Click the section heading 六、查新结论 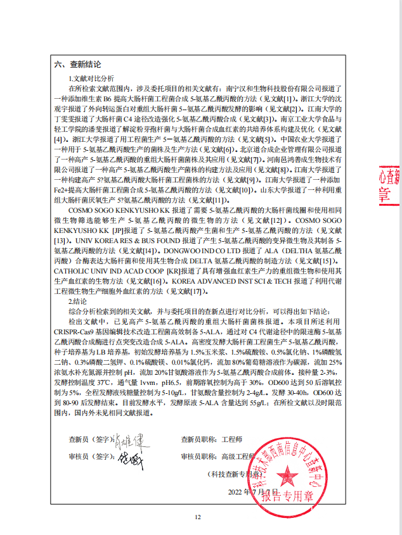pos(77,65)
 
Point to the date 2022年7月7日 pos(250,491)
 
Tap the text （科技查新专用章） pos(235,474)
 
